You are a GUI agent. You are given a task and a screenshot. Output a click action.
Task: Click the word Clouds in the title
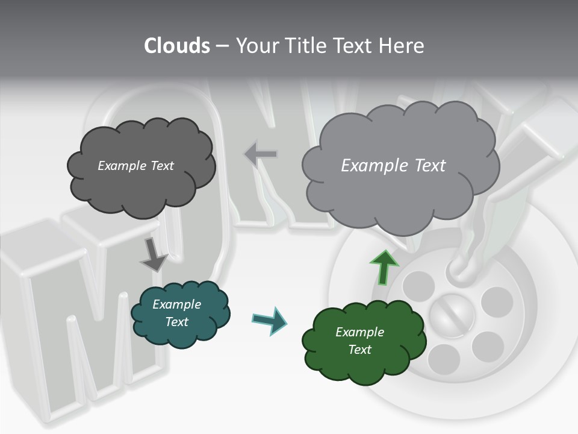pyautogui.click(x=176, y=46)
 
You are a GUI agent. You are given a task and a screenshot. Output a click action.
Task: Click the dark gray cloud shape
pyautogui.click(x=141, y=181)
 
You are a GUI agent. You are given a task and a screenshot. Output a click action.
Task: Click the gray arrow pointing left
pyautogui.click(x=261, y=154)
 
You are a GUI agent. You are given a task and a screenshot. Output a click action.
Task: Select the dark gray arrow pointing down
pyautogui.click(x=154, y=255)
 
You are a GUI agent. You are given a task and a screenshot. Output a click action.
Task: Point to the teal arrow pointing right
pyautogui.click(x=269, y=320)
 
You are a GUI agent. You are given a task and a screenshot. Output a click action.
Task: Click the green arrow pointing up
pyautogui.click(x=384, y=267)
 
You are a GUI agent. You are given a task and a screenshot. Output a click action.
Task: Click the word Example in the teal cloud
pyautogui.click(x=176, y=304)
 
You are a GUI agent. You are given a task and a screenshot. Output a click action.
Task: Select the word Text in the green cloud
pyautogui.click(x=359, y=350)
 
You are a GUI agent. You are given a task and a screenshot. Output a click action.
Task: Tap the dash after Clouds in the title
pyautogui.click(x=222, y=46)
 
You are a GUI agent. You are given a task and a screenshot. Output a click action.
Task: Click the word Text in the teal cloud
pyautogui.click(x=176, y=322)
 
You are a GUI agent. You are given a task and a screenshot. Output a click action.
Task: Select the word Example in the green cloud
pyautogui.click(x=359, y=332)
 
